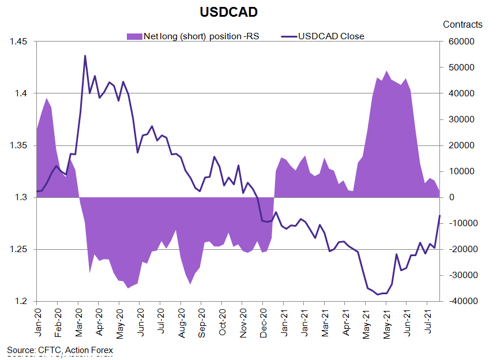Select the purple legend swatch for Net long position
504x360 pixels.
pyautogui.click(x=134, y=36)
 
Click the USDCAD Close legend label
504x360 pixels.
pyautogui.click(x=332, y=36)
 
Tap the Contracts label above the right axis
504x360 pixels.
pyautogui.click(x=462, y=24)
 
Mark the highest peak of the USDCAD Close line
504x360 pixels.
pyautogui.click(x=85, y=56)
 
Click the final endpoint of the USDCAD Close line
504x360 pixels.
pyautogui.click(x=439, y=216)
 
